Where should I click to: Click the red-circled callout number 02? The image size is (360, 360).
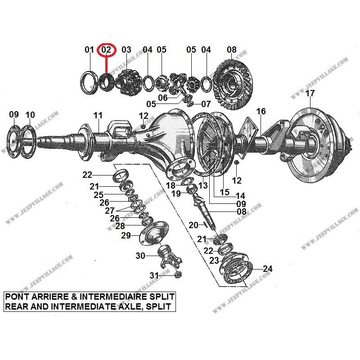coord(107,49)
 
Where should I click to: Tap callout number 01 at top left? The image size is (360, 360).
coord(89,49)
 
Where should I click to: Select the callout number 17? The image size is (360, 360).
coord(310,94)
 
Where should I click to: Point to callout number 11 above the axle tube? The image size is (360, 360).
coord(98,115)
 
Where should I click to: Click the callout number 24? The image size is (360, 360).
coord(267,269)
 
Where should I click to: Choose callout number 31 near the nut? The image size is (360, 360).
coord(154,276)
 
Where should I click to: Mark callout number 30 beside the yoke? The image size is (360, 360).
coord(141,256)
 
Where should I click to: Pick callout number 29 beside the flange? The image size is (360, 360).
coord(126,236)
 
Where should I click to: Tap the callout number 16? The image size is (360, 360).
coord(261,111)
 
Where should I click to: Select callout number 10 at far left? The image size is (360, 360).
coord(30,115)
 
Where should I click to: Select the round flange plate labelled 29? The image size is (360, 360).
coord(152,234)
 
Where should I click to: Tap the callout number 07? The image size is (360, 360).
coord(206,104)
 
